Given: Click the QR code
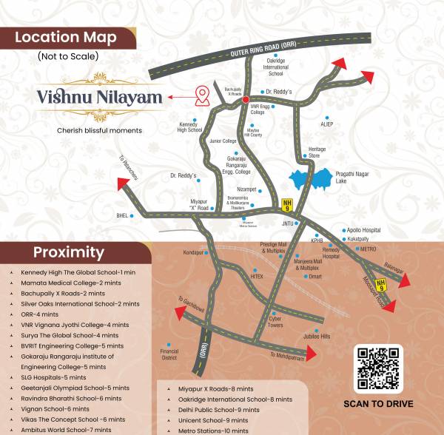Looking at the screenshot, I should (379, 368).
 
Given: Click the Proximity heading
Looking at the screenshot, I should (68, 252).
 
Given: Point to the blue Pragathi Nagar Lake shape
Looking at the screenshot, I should (311, 178).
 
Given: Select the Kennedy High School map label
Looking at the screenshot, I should (190, 127).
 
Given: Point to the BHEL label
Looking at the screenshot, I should (121, 215).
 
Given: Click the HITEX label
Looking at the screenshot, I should (257, 275).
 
